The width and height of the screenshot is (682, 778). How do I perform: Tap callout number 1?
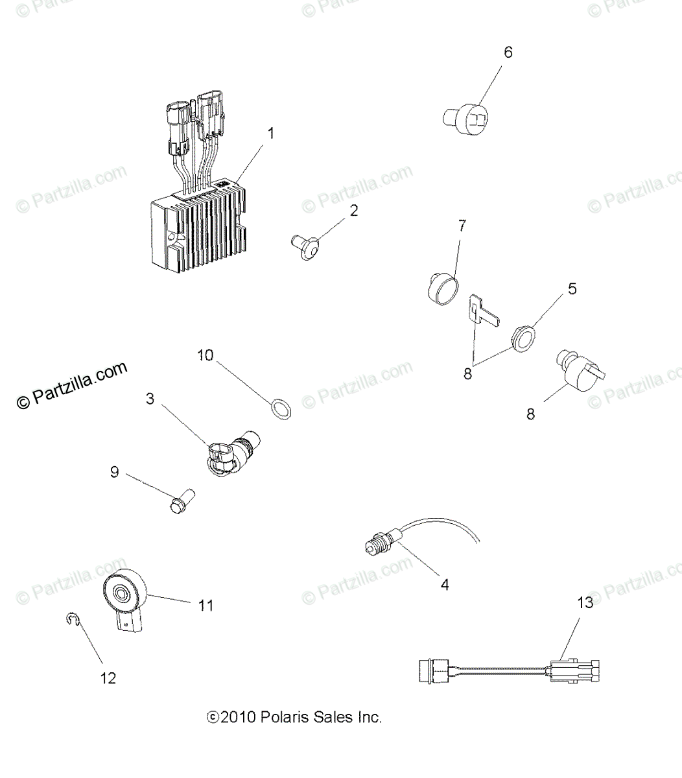click(x=271, y=134)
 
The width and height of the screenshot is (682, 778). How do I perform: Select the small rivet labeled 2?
click(x=305, y=246)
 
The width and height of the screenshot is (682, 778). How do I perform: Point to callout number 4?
click(x=444, y=584)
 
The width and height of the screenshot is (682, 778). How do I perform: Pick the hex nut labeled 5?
click(x=523, y=336)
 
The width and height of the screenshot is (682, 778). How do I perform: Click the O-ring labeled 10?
click(x=280, y=409)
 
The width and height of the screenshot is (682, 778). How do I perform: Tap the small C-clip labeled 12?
click(x=73, y=620)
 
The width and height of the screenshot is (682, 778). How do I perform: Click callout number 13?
click(x=585, y=603)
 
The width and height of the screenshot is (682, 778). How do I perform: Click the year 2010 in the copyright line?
click(x=239, y=717)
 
